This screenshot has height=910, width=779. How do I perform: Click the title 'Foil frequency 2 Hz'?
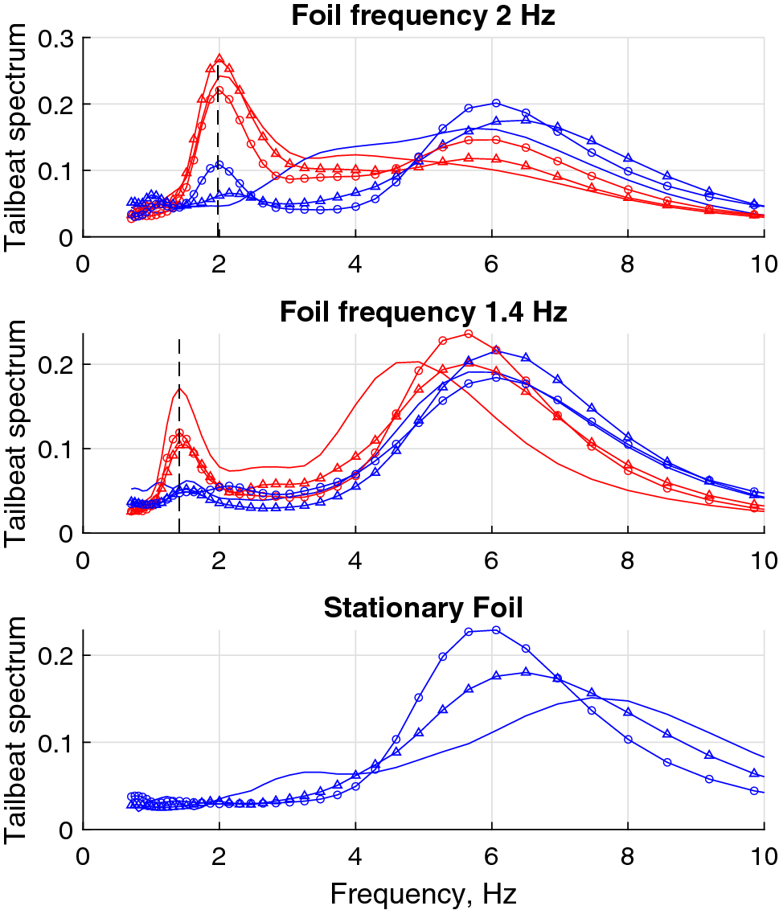(x=423, y=16)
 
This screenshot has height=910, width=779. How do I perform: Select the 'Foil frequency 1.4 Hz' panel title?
(x=423, y=312)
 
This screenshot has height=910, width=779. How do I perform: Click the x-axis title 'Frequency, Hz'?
(x=423, y=892)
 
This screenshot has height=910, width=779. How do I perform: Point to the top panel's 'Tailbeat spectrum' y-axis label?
(x=18, y=137)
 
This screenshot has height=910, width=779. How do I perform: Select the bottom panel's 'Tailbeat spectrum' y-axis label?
(x=18, y=729)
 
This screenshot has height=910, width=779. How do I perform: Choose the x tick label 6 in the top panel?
(x=491, y=263)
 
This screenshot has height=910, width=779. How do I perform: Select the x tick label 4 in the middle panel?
(x=355, y=559)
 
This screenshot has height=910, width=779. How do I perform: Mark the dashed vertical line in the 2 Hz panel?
(x=219, y=201)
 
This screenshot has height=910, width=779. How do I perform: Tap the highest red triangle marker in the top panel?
(x=219, y=59)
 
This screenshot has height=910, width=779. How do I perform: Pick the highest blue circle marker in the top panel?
(x=496, y=103)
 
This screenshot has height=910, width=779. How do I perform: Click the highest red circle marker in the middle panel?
(x=469, y=334)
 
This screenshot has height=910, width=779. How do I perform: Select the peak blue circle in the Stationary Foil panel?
(x=496, y=629)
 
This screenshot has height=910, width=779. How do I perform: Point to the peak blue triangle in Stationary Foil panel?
(x=526, y=672)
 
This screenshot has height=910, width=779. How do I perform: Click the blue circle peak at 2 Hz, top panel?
(x=219, y=166)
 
